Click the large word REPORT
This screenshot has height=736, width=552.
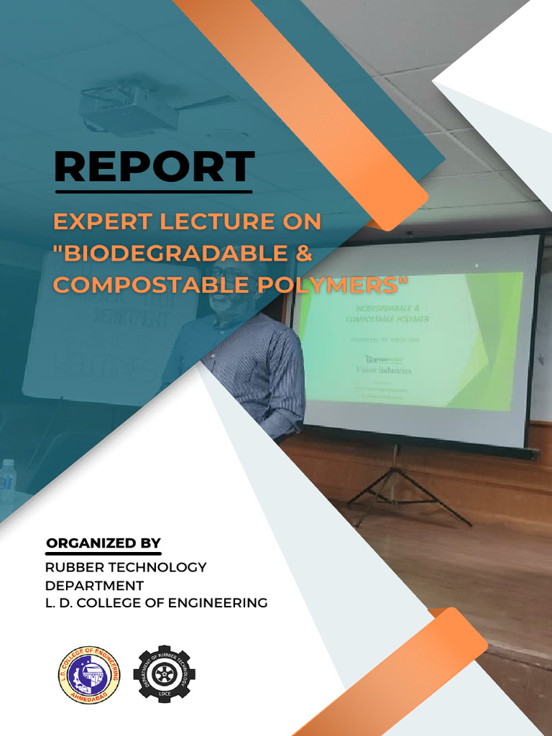[154, 167]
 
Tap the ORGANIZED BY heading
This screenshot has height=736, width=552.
[103, 543]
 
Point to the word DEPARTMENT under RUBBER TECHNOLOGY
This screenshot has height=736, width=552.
[94, 585]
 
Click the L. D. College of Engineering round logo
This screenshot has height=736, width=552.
[89, 675]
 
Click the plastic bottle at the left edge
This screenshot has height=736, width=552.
[8, 482]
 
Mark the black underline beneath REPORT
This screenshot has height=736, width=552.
[154, 192]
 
